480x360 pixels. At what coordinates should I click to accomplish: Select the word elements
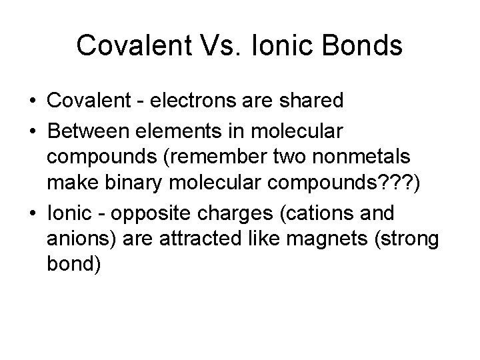click(186, 132)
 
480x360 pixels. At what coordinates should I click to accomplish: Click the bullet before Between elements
click(33, 132)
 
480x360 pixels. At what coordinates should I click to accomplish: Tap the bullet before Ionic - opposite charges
click(33, 213)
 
